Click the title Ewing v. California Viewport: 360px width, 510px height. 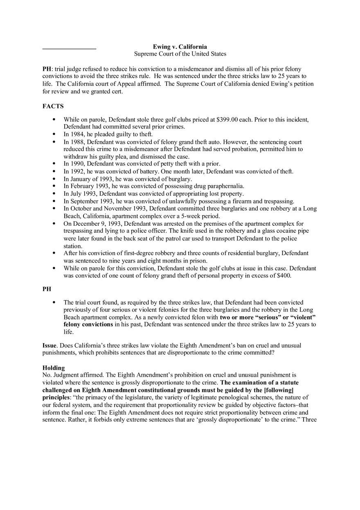click(180, 47)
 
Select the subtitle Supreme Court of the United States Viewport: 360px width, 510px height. click(180, 54)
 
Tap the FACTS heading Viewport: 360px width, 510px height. click(53, 106)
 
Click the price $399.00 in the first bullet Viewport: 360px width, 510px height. click(240, 119)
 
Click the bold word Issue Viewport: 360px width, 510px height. click(49, 346)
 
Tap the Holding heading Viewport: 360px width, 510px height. click(54, 368)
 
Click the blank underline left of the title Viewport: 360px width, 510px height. click(69, 49)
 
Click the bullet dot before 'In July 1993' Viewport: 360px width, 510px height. click(54, 194)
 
